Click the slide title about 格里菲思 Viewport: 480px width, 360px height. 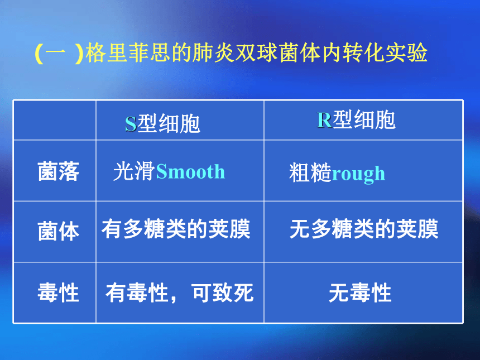(231, 53)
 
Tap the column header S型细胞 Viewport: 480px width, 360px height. (162, 123)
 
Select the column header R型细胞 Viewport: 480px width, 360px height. (356, 119)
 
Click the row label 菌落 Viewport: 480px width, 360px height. (59, 171)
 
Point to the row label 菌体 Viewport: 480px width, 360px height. (59, 231)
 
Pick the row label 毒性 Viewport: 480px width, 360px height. (59, 292)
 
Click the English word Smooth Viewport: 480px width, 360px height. (190, 171)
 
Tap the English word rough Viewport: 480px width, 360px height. (358, 174)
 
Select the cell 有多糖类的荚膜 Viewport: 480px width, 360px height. (176, 229)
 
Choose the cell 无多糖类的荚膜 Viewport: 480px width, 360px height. (364, 229)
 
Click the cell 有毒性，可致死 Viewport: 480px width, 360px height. (180, 292)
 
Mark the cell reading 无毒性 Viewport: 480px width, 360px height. (360, 292)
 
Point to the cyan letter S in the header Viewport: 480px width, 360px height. (131, 124)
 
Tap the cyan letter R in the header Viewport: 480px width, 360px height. (324, 119)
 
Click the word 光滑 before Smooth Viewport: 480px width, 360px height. (134, 171)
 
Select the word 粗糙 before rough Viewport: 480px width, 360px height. (310, 172)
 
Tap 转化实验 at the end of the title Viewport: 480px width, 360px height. (385, 53)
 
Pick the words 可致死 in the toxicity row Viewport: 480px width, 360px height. (223, 292)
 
